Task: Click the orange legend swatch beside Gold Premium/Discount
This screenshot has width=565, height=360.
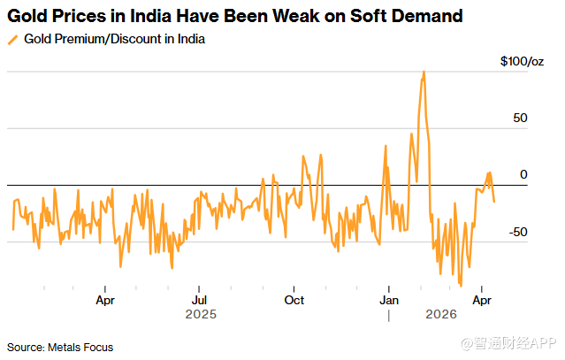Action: pyautogui.click(x=12, y=40)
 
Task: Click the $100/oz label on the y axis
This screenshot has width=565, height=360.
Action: pyautogui.click(x=522, y=61)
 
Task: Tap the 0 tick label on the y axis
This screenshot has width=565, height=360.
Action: pyautogui.click(x=523, y=175)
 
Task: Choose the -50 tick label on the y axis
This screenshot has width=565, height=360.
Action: pyautogui.click(x=518, y=232)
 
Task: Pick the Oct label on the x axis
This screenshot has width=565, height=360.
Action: pyautogui.click(x=294, y=300)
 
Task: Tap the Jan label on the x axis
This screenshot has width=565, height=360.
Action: pyautogui.click(x=388, y=300)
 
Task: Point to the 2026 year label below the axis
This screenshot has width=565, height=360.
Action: pyautogui.click(x=440, y=314)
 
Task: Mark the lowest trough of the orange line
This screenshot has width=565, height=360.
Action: pyautogui.click(x=461, y=285)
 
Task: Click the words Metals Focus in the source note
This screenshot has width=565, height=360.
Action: pyautogui.click(x=82, y=346)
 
